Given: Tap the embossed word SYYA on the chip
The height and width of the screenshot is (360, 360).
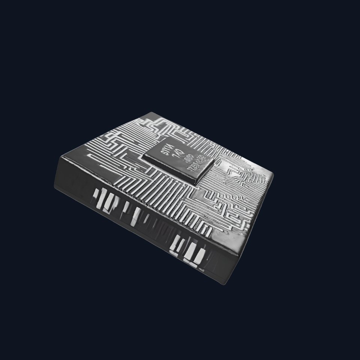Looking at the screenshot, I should [x=165, y=148].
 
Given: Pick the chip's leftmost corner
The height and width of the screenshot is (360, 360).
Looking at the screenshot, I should [x=143, y=157].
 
